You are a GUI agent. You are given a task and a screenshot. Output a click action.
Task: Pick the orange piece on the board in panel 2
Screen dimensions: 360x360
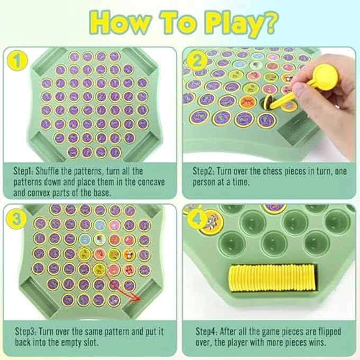[x=247, y=102]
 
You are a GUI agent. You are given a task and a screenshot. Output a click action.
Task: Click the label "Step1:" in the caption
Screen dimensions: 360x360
[x=26, y=172]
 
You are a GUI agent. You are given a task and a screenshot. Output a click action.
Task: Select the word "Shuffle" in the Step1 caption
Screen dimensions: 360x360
[x=57, y=172]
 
